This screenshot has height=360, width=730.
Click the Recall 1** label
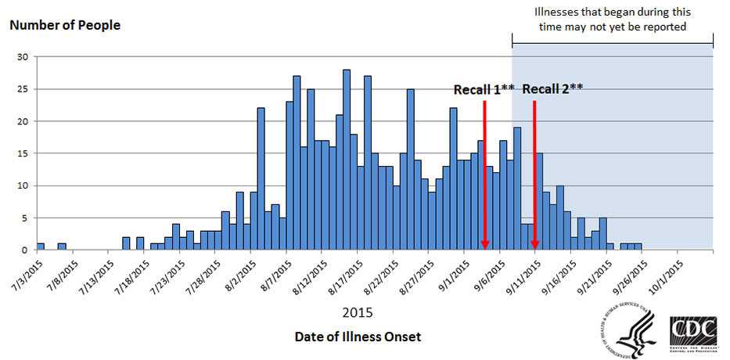coord(484,90)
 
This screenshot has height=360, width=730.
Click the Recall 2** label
coord(552,88)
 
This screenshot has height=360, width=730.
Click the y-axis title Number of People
coord(65,25)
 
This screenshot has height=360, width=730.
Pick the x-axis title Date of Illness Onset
coord(358,337)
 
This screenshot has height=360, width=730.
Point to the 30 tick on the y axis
coord(23,57)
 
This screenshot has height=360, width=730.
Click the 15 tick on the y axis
coord(23,153)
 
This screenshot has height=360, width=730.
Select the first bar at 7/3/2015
coord(41,247)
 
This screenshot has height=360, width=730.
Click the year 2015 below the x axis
coord(358,312)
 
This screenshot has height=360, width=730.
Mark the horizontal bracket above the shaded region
coord(613,44)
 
